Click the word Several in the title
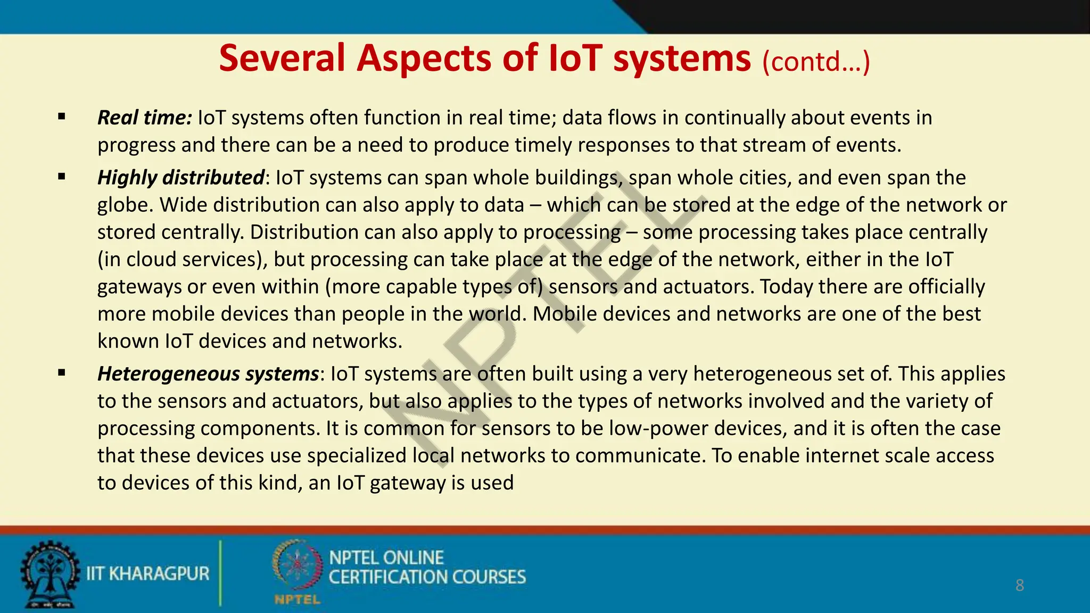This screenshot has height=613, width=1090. tap(282, 59)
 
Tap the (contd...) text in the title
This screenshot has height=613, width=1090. tap(816, 62)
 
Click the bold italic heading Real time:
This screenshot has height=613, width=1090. tap(144, 118)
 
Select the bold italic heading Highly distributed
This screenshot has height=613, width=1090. tap(180, 178)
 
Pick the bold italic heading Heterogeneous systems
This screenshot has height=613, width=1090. tap(208, 374)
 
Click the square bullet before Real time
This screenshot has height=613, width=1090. tap(62, 117)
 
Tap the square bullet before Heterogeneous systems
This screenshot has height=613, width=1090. tap(62, 373)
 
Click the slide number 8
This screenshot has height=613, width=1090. tap(1019, 585)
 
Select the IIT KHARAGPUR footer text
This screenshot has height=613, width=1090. tap(148, 574)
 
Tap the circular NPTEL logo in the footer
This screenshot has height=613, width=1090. tap(297, 565)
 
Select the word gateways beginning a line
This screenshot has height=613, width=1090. tap(139, 287)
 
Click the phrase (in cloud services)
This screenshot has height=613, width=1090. tap(183, 260)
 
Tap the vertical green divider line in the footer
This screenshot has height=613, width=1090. tap(220, 573)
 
